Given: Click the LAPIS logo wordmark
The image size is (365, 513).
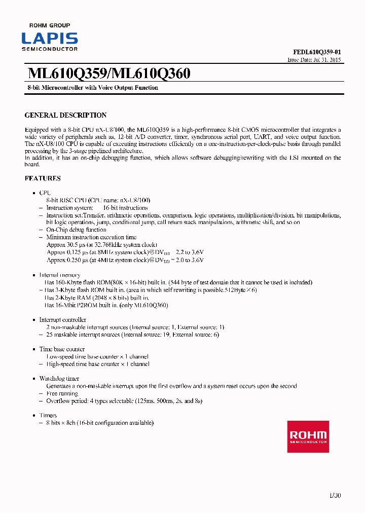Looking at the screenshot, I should click(x=50, y=39).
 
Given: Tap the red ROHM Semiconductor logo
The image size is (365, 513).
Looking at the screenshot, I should click(x=308, y=436).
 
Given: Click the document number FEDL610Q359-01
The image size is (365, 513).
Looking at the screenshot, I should click(x=317, y=52).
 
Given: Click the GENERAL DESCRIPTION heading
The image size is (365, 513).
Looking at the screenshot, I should click(x=65, y=115).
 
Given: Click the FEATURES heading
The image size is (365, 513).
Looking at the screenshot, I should click(x=43, y=178).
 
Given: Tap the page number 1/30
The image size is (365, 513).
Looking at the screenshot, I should click(x=334, y=495).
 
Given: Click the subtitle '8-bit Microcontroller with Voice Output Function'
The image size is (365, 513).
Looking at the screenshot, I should click(x=92, y=88).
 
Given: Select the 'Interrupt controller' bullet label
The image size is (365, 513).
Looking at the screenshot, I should click(x=62, y=320).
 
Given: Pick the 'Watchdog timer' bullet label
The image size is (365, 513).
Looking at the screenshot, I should click(x=59, y=379).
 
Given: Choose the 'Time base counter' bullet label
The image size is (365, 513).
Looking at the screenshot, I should click(x=62, y=349).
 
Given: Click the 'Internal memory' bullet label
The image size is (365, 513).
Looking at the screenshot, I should click(x=60, y=275).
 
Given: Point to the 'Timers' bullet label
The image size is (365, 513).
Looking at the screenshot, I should click(x=48, y=415).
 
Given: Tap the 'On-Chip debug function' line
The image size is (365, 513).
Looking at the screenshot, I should click(x=76, y=230).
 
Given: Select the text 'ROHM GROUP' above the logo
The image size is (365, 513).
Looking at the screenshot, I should click(x=50, y=25).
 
